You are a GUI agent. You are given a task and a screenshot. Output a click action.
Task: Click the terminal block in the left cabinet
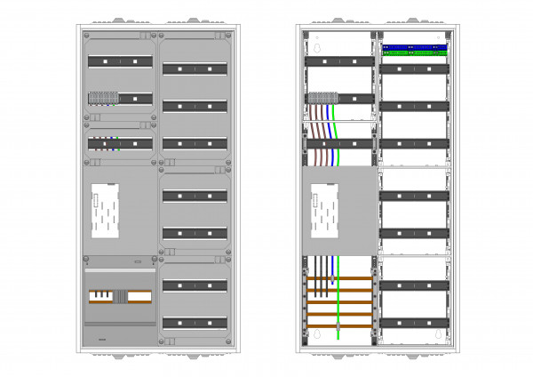coord(101,98)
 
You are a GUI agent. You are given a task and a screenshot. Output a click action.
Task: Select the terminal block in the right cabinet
coord(320,98)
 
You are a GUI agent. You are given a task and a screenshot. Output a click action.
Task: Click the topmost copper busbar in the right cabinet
coord(338,280)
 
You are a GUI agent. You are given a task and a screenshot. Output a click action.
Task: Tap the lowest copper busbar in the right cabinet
coord(338,325)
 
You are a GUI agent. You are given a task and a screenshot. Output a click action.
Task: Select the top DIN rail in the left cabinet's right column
coord(194,68)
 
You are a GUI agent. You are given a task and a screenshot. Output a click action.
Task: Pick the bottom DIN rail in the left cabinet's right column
coord(194,322)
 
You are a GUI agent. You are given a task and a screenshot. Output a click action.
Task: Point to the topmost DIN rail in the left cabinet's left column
coord(118,61)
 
